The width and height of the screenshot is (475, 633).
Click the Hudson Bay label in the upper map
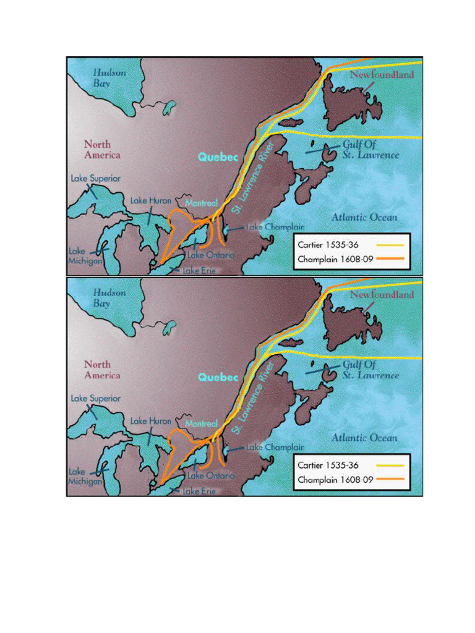click(x=109, y=77)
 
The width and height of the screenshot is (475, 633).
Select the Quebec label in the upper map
click(x=218, y=157)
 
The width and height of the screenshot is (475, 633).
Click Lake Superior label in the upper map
click(x=95, y=178)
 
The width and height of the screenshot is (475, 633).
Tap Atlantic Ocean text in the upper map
click(x=364, y=218)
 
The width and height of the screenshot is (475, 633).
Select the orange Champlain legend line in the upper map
click(x=390, y=259)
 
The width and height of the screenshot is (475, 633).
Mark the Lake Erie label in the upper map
click(x=199, y=271)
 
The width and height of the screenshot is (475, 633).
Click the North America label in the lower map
click(x=102, y=370)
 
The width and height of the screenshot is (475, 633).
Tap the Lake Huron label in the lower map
click(x=150, y=421)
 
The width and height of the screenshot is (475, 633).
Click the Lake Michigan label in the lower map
click(x=85, y=476)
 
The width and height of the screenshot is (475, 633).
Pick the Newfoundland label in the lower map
click(x=382, y=295)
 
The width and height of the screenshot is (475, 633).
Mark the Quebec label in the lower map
click(x=218, y=377)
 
